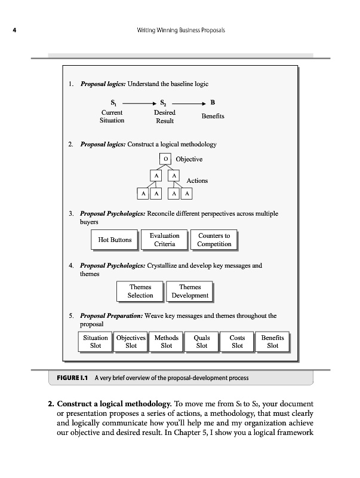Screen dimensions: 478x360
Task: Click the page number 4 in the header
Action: click(x=14, y=30)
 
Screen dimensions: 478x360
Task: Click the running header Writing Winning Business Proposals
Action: click(x=180, y=30)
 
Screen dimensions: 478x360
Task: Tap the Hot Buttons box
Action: click(x=115, y=240)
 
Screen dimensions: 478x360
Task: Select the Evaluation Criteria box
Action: click(x=164, y=240)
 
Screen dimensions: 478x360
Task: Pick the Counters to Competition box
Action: click(x=214, y=240)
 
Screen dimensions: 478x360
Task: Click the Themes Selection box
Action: click(x=140, y=291)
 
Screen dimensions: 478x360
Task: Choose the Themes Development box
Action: click(x=190, y=291)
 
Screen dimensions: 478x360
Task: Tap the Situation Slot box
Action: click(x=96, y=341)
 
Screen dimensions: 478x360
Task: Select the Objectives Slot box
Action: click(x=131, y=341)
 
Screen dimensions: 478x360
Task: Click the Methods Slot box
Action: click(x=167, y=341)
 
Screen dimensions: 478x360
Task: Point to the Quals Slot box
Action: click(x=202, y=341)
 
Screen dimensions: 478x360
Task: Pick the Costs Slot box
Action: click(x=237, y=341)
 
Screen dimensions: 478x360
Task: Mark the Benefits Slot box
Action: click(x=273, y=341)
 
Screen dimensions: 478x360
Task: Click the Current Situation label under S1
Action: click(x=112, y=116)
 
